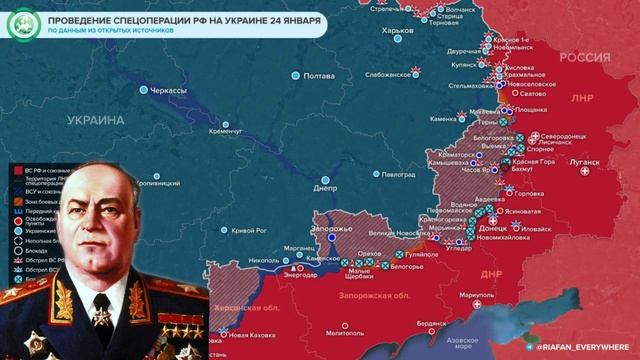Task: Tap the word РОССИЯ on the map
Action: click(x=584, y=57)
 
